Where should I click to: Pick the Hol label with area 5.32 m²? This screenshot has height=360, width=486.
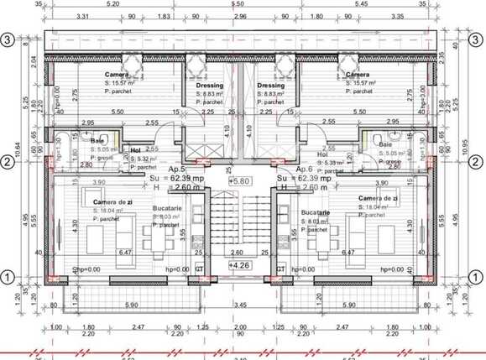(x=136, y=151)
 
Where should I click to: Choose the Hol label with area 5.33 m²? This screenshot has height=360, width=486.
(x=323, y=155)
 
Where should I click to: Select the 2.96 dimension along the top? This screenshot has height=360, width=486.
(x=242, y=16)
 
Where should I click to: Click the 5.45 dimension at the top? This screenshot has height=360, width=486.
(x=384, y=4)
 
